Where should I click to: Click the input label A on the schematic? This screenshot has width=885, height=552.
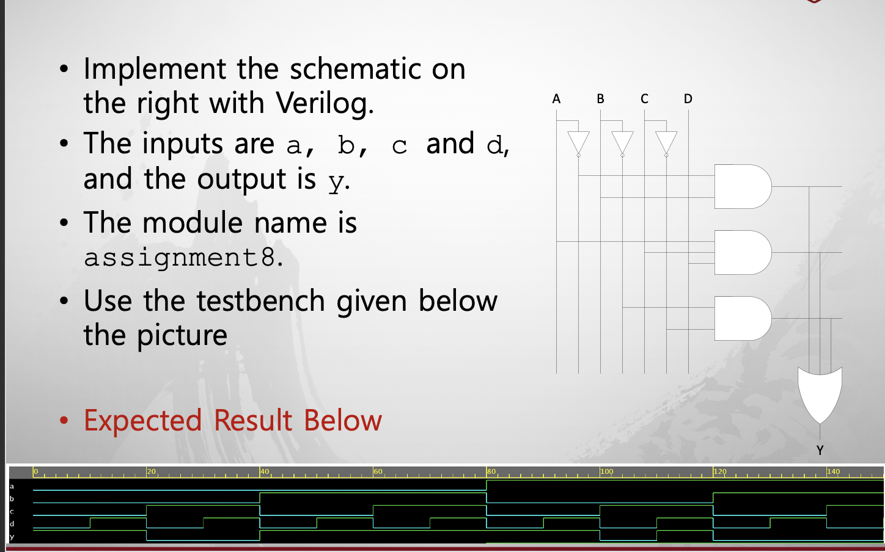tap(556, 99)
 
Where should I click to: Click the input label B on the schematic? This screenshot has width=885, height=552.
tap(600, 99)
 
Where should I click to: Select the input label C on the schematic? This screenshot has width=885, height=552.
tap(644, 99)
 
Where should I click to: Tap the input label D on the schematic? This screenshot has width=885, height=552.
tap(688, 99)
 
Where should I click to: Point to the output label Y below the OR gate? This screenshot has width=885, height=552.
tap(820, 451)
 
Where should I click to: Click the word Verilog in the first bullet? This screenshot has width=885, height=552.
tap(324, 103)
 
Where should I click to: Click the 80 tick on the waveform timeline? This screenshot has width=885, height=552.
tap(491, 472)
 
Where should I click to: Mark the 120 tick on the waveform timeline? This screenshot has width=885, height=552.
tap(720, 472)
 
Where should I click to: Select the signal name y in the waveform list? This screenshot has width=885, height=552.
tap(12, 537)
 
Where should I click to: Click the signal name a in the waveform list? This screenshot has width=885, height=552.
tap(12, 486)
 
